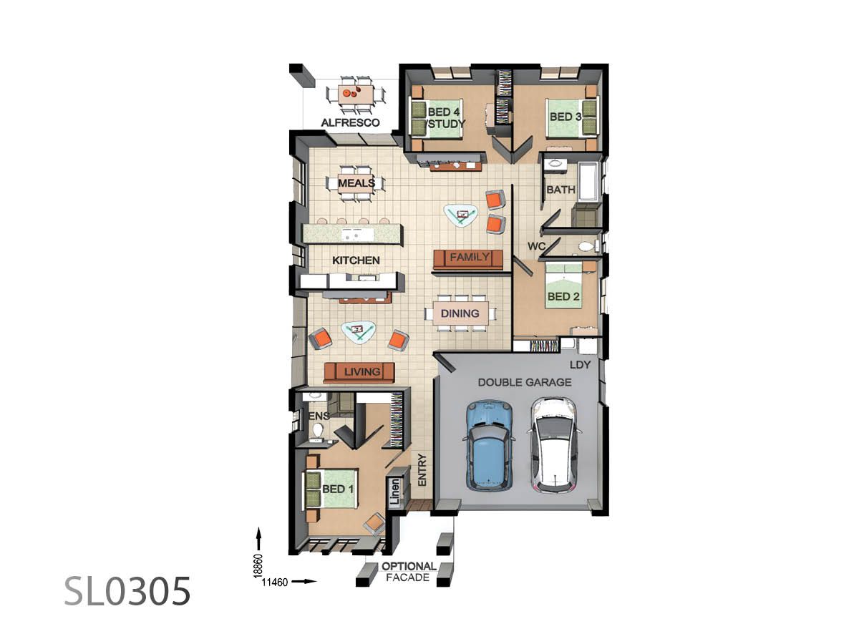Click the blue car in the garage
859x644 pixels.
(490, 444)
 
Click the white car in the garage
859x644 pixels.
(554, 446)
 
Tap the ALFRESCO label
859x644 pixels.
(350, 123)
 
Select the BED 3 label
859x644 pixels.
(565, 116)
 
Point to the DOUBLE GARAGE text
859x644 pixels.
(525, 382)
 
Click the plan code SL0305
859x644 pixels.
(127, 591)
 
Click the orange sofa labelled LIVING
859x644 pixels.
(359, 372)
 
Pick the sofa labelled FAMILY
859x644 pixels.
(470, 258)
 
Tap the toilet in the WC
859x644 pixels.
(586, 247)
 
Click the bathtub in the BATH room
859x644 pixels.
(588, 182)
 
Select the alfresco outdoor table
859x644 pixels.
(355, 94)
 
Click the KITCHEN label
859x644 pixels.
(356, 260)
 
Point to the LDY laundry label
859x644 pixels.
(580, 365)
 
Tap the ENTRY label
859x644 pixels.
(422, 471)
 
